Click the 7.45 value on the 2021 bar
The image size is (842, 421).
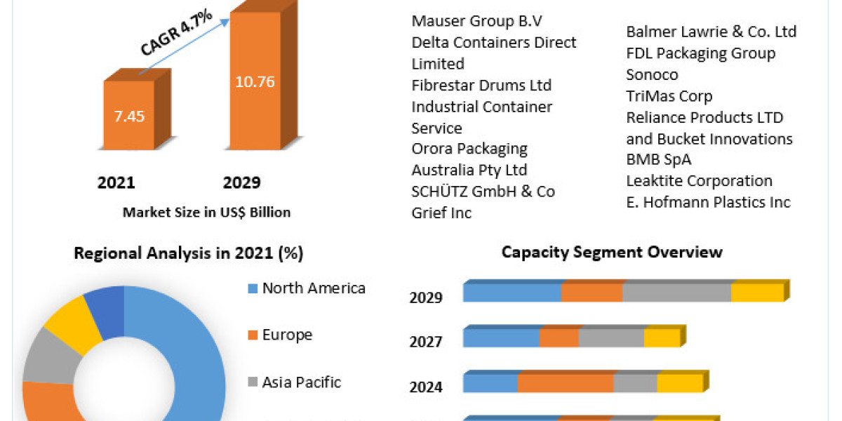(x=129, y=116)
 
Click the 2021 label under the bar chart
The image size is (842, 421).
(x=116, y=183)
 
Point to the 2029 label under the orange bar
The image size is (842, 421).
(x=241, y=183)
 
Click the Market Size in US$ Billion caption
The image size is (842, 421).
(x=206, y=212)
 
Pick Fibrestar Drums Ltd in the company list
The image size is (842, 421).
(x=481, y=86)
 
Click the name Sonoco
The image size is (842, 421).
(x=652, y=74)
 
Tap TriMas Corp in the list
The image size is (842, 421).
(x=669, y=96)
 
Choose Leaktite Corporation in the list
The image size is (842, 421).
(x=699, y=181)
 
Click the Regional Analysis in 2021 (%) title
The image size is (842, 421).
(x=189, y=254)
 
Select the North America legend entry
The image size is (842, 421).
(x=313, y=288)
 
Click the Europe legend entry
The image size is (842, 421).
(x=286, y=335)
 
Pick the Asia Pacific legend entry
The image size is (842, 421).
(x=301, y=382)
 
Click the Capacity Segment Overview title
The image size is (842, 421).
(x=612, y=252)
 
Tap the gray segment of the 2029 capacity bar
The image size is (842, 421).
(x=676, y=293)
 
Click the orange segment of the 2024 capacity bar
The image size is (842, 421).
(x=565, y=383)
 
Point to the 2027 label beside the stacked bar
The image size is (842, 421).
(x=426, y=342)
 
